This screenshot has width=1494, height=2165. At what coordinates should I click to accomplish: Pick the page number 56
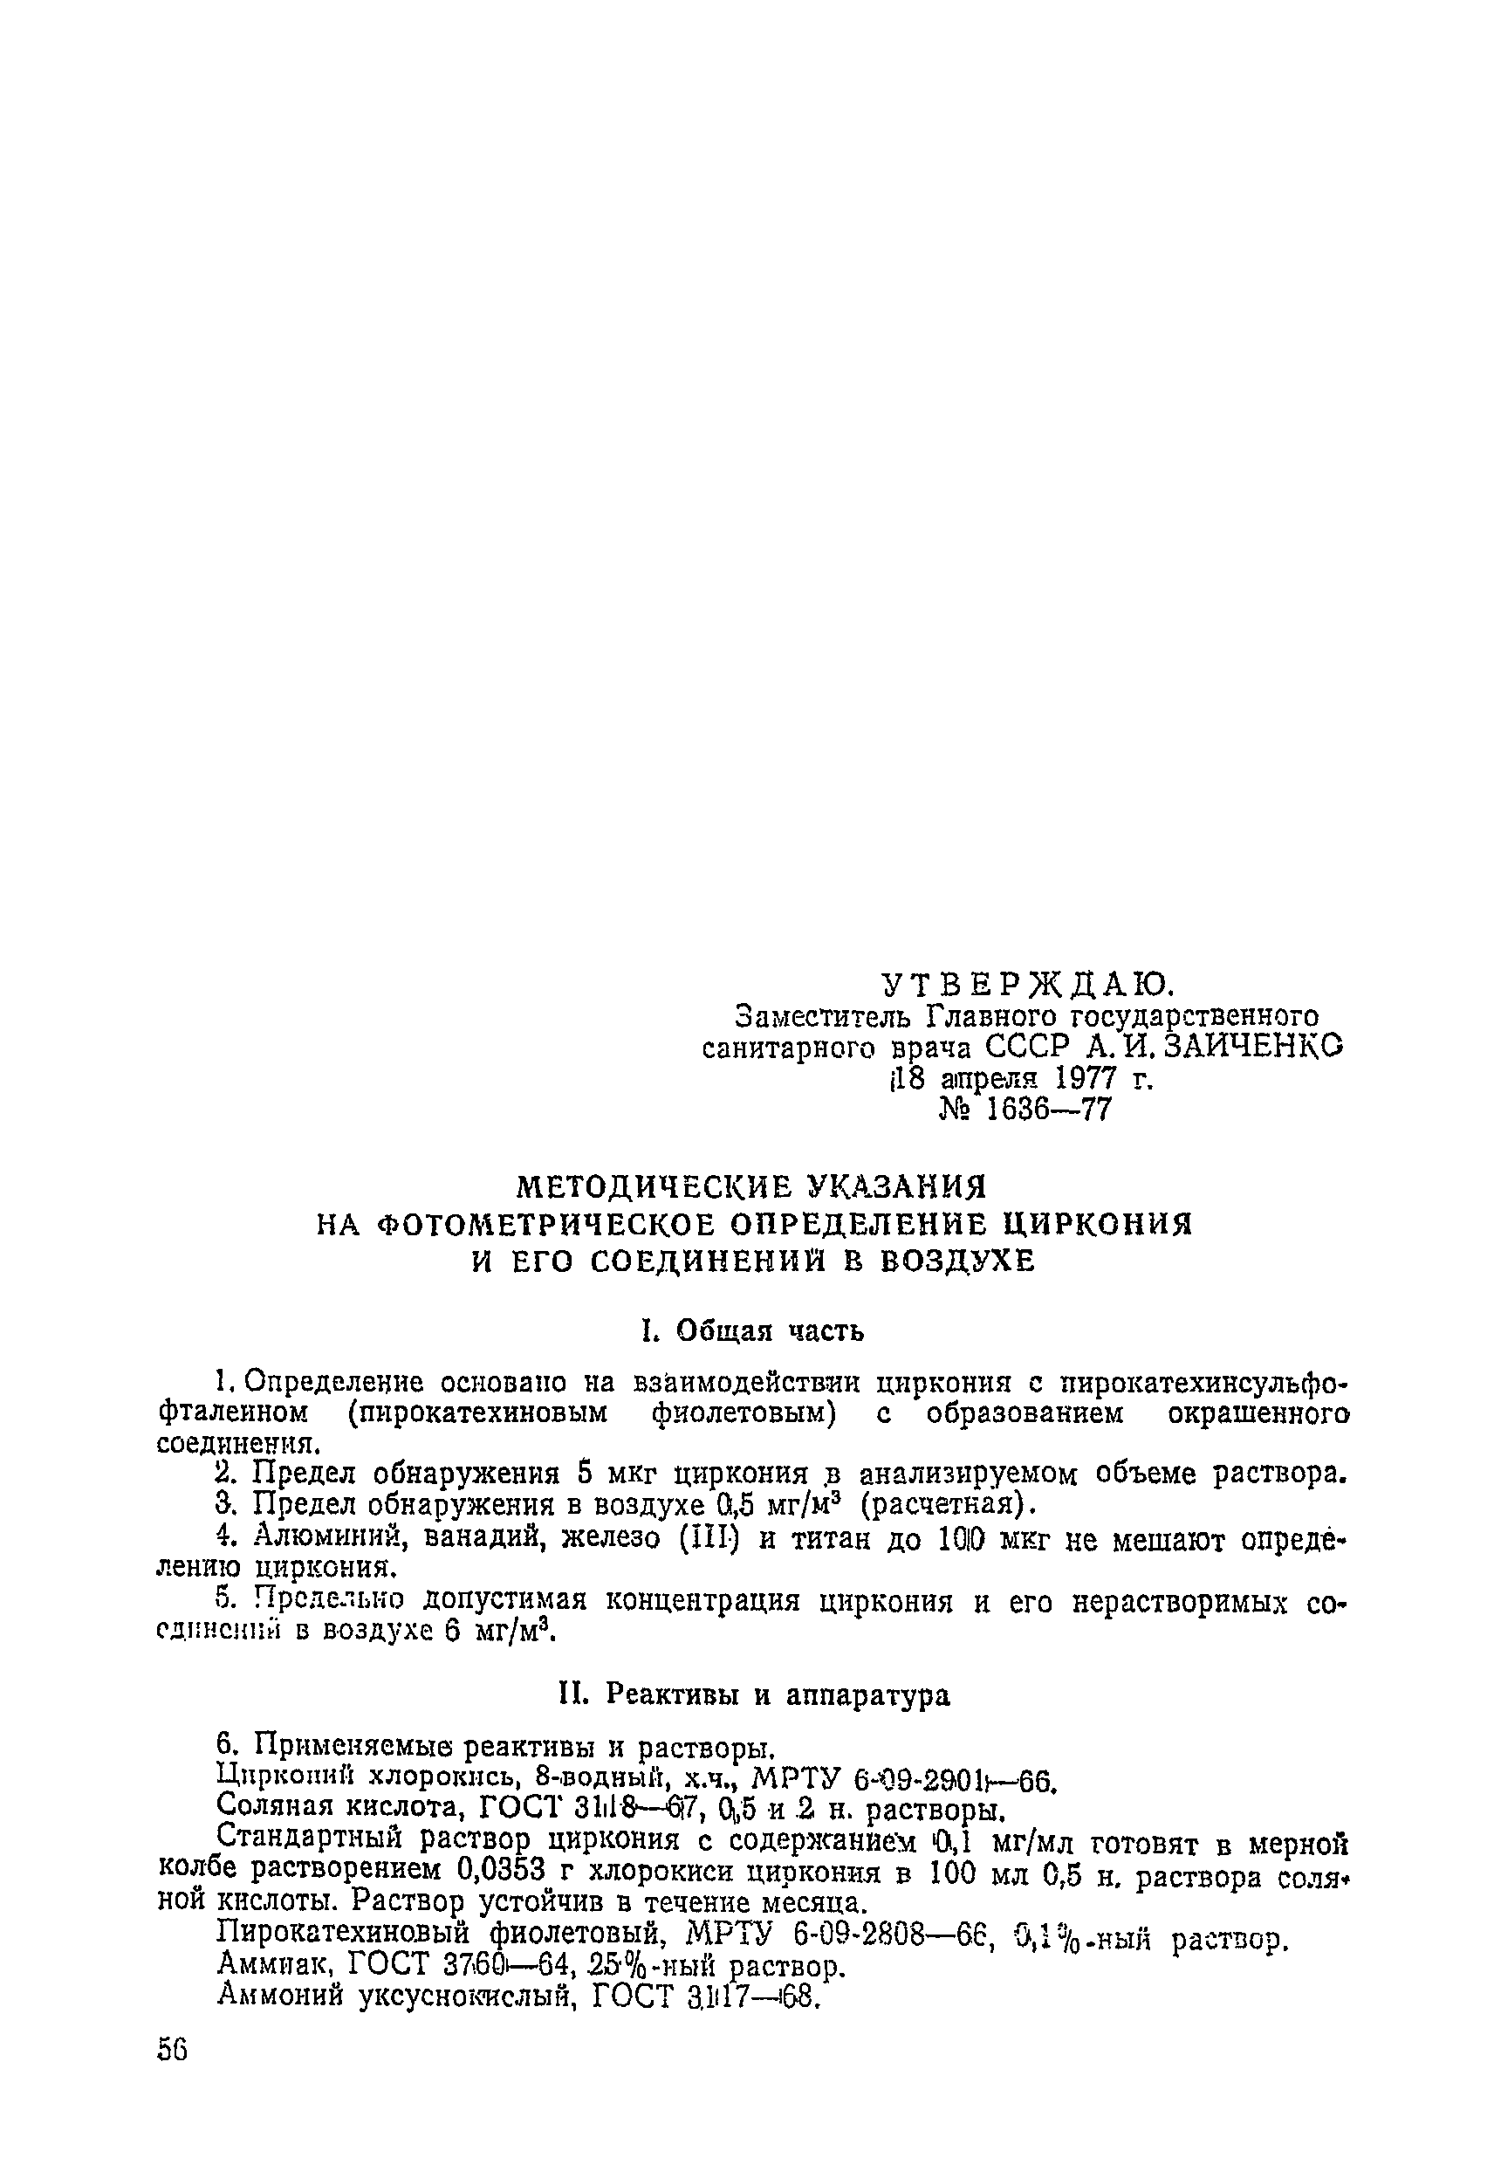173,2077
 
